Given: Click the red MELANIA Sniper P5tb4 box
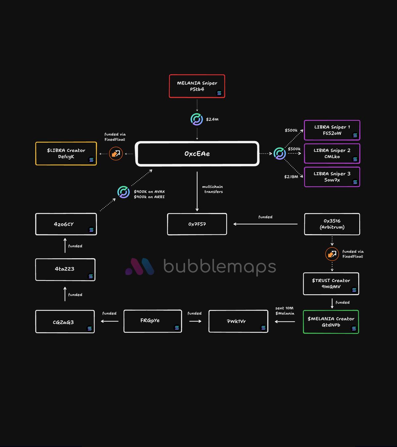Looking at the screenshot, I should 197,86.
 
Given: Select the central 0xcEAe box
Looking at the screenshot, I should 197,154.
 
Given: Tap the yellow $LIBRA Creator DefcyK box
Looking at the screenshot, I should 66,154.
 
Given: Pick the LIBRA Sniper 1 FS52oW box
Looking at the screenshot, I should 332,130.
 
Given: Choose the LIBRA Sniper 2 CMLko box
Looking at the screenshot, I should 332,154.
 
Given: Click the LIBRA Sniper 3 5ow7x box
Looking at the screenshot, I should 332,177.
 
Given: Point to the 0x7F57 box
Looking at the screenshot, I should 197,224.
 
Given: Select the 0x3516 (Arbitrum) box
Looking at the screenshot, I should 332,224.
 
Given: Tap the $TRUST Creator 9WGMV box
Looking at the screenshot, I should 331,284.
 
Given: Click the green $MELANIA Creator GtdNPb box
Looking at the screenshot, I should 331,322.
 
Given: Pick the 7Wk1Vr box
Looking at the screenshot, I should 238,321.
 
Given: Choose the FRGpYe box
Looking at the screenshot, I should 153,321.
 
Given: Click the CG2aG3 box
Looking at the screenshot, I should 65,322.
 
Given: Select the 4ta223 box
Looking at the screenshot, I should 65,270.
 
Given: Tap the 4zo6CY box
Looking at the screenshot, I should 66,224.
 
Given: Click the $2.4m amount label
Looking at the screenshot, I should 212,119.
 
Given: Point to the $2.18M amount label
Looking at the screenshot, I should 291,177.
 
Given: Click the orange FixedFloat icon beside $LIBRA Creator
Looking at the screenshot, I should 116,154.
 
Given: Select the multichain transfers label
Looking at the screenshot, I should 213,189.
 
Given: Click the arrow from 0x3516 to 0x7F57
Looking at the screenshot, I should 265,224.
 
